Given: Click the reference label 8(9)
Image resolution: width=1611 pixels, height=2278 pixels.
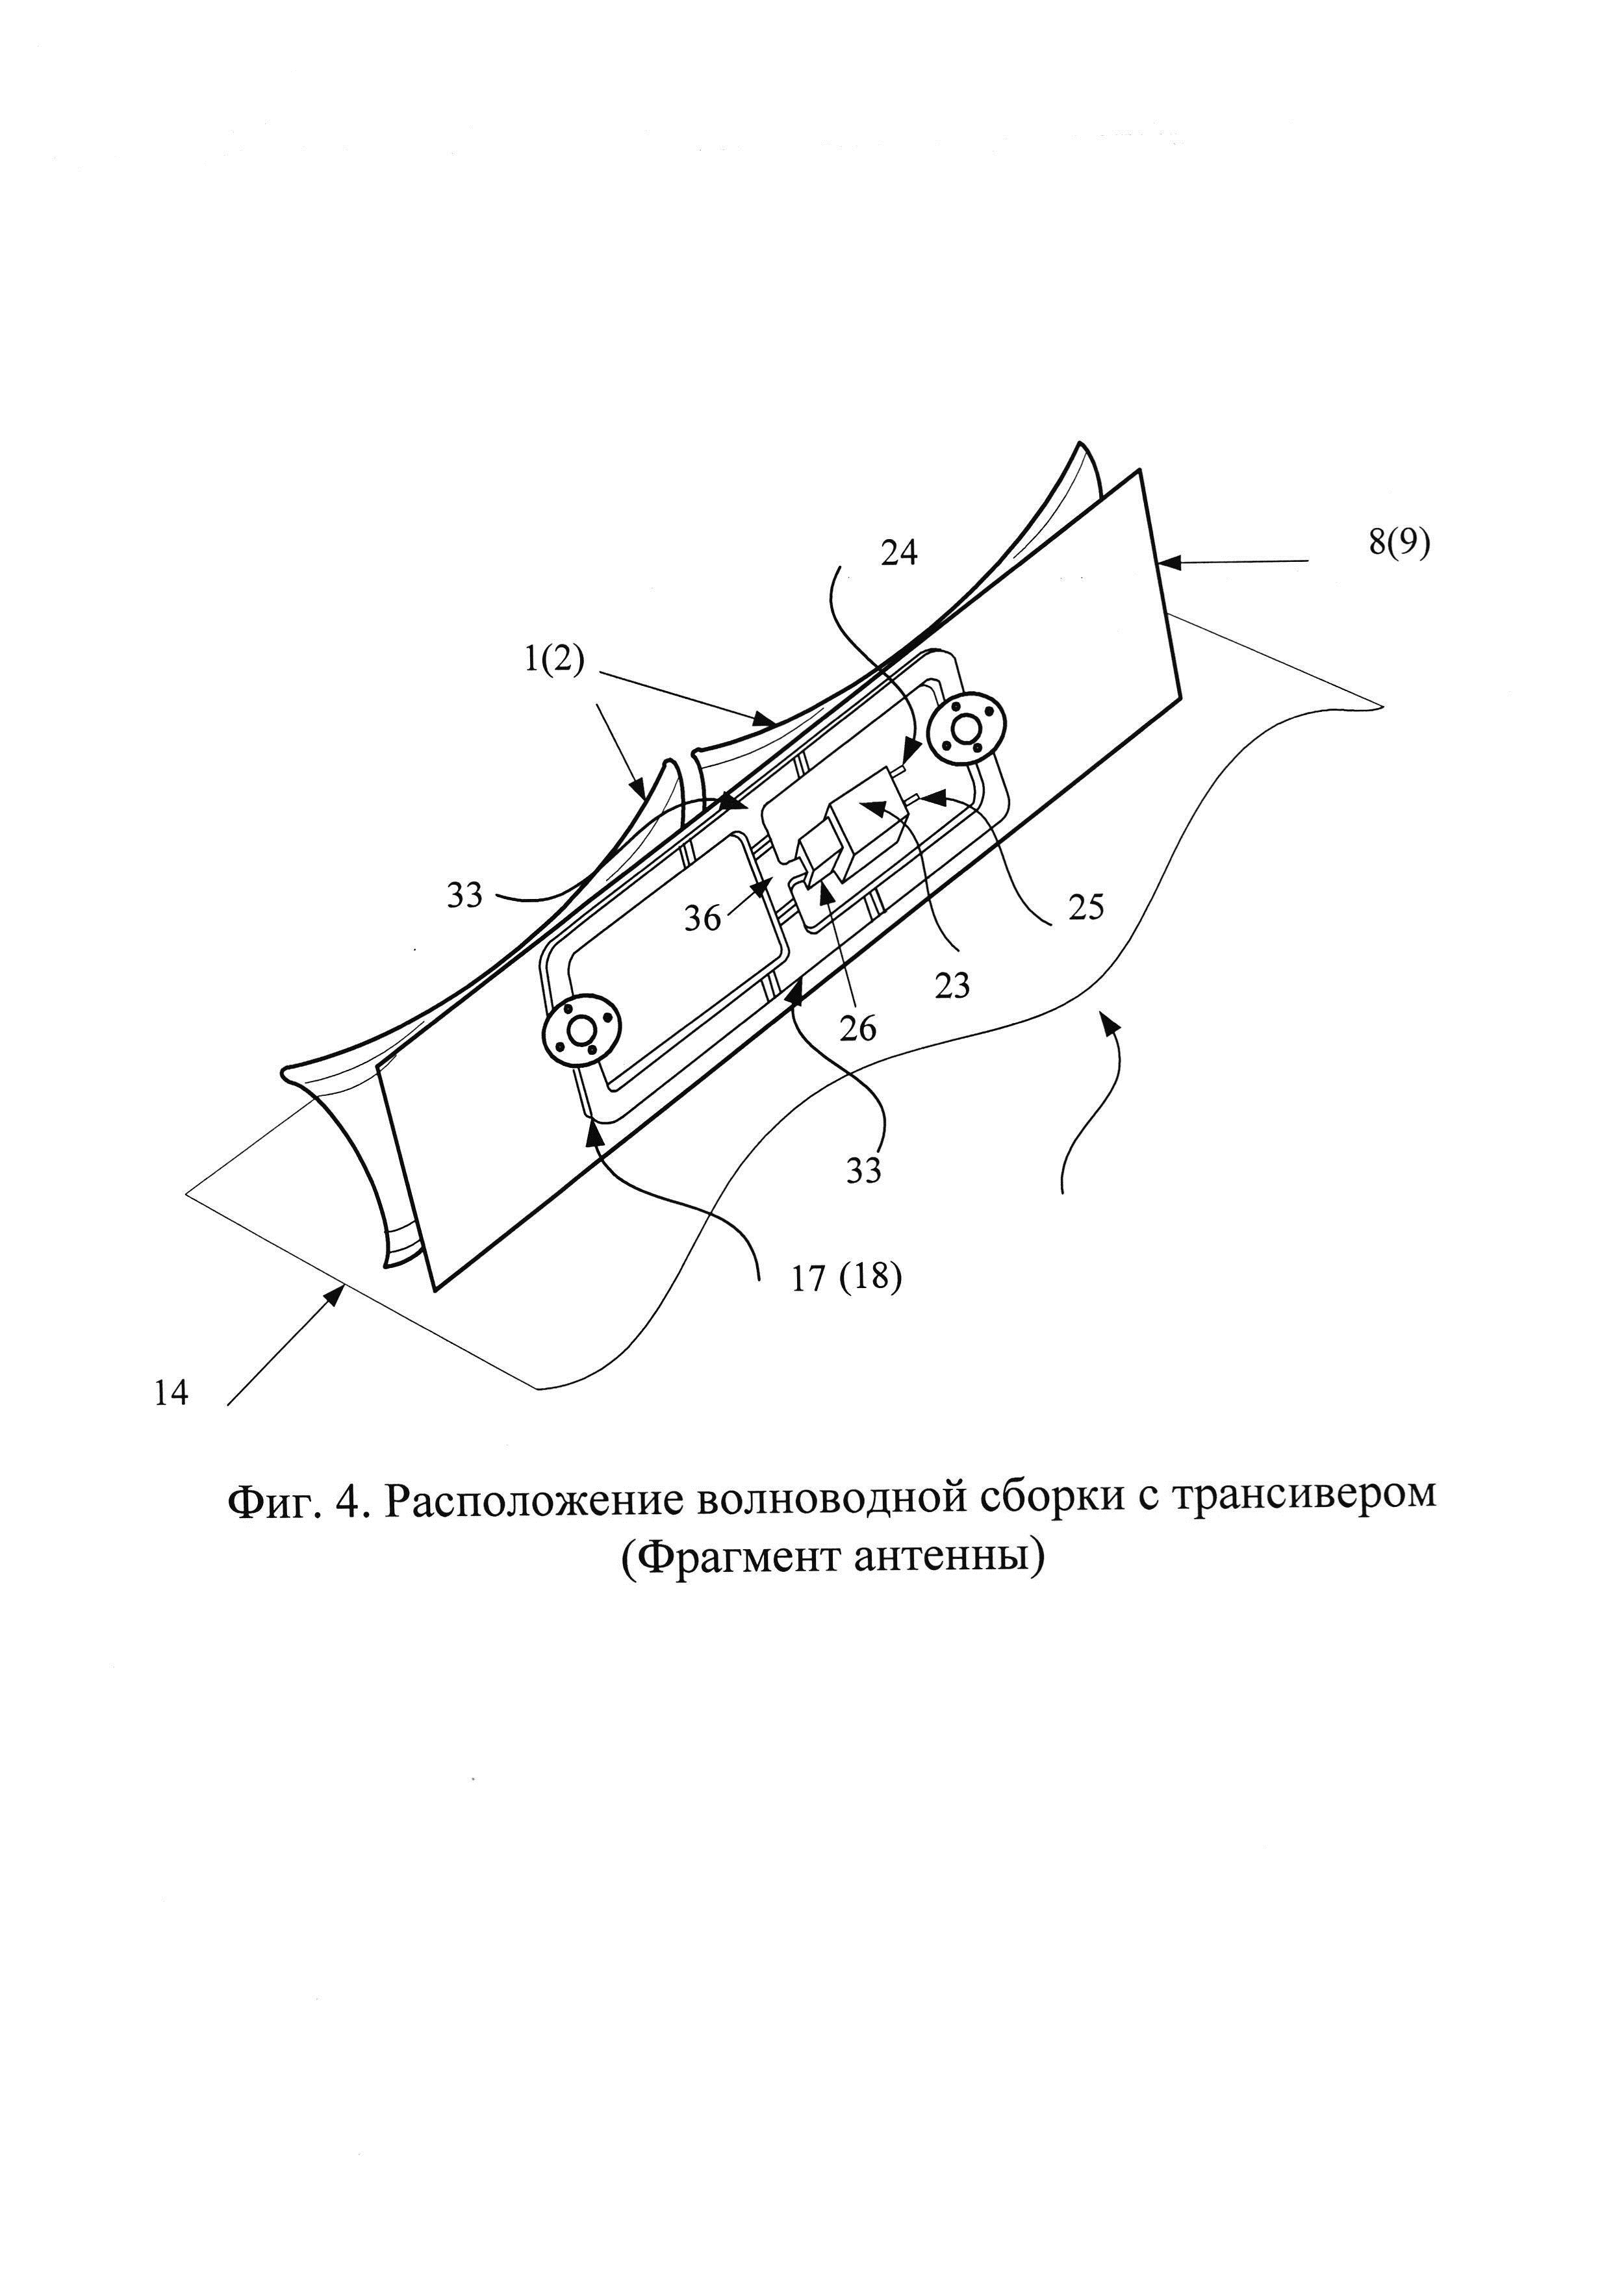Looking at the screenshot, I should pos(1399,545).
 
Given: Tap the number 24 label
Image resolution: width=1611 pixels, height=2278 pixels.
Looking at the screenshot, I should pos(899,553).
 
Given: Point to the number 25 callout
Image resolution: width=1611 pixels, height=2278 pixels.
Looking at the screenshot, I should pos(1085,907).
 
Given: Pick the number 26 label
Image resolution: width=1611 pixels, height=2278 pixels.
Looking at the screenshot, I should pos(857,1029).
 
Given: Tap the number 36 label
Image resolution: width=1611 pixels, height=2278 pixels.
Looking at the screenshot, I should pos(702,918).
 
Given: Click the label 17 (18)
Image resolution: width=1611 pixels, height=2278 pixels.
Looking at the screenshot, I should pos(846,1280).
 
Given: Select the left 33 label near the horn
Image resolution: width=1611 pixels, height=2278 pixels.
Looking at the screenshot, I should pos(464,895).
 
